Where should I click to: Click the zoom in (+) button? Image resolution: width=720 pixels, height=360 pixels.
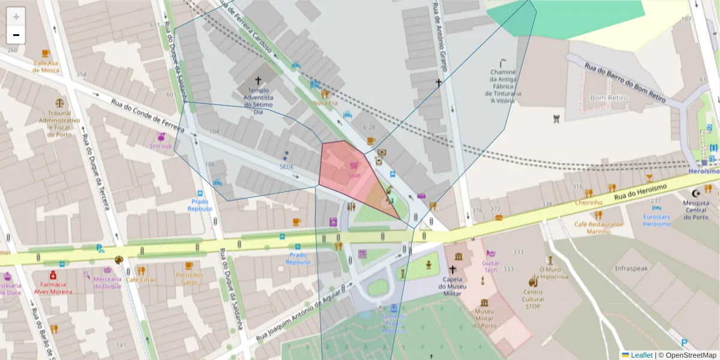click(16, 17)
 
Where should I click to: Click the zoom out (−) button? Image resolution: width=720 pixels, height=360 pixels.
click(16, 35)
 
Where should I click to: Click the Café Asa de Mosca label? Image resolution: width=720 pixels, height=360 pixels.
click(46, 66)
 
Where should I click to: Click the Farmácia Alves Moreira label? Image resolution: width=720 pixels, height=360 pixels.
click(53, 288)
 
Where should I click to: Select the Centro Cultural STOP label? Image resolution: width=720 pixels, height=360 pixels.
click(533, 299)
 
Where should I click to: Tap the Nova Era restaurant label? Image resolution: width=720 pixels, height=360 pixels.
click(325, 103)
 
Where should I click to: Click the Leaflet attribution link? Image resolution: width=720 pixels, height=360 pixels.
click(641, 355)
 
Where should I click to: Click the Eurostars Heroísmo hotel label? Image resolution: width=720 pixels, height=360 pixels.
click(656, 220)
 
